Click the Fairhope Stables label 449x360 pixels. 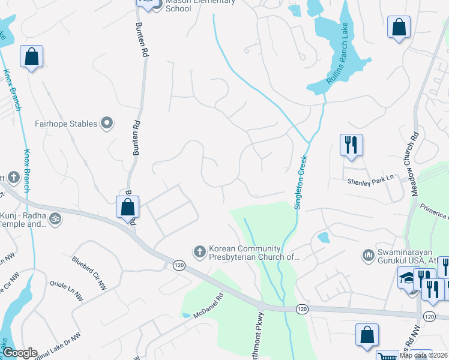click(65, 124)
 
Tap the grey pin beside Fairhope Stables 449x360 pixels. click(107, 124)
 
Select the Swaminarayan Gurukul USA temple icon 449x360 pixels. click(368, 256)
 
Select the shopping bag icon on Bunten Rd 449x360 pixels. click(128, 207)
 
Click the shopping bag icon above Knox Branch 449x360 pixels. click(32, 58)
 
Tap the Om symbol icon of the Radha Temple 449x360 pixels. click(55, 218)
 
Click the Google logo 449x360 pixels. click(20, 353)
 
